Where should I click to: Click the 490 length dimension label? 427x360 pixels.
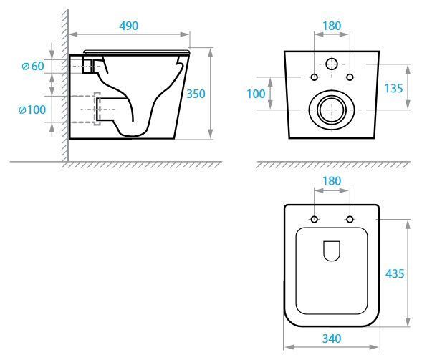tap(128, 26)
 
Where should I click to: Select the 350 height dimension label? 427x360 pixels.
tap(196, 94)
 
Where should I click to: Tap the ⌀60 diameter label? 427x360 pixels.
tap(33, 66)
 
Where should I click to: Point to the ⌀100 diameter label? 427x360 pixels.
tap(32, 110)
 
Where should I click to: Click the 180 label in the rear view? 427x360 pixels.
tap(332, 26)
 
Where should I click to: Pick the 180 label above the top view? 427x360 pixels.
tap(332, 181)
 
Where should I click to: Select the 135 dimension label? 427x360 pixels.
tap(393, 89)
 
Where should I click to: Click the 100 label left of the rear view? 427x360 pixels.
tap(256, 94)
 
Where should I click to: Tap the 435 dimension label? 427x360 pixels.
tap(395, 273)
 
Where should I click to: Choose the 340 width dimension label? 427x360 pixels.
tap(332, 339)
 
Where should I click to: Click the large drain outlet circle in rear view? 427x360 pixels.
tap(332, 90)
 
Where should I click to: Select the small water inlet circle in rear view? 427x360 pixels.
tap(332, 59)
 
